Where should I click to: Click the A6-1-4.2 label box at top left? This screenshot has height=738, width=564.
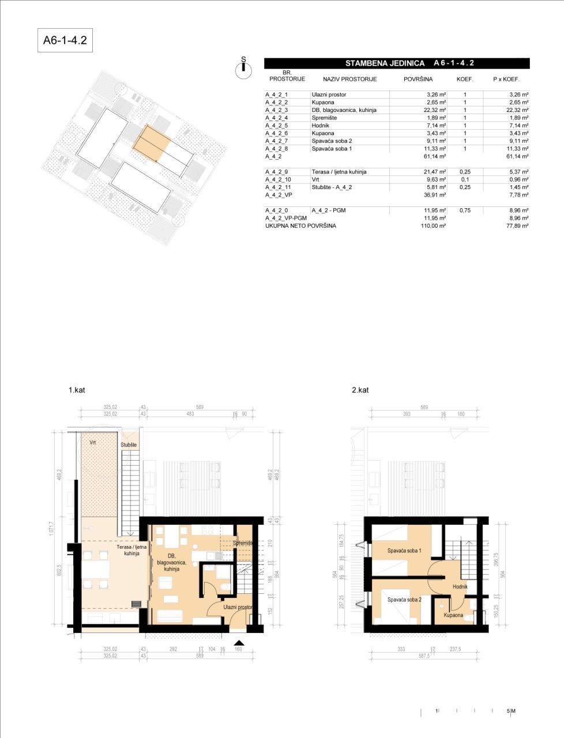[x=65, y=41]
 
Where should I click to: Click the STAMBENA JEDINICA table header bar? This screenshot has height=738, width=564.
[x=396, y=63]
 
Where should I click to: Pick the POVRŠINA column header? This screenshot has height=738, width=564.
[x=418, y=79]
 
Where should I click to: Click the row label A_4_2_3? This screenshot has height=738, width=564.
[x=277, y=110]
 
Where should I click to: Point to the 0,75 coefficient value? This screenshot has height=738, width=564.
[x=464, y=210]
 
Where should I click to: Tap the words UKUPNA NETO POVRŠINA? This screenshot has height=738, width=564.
[x=300, y=226]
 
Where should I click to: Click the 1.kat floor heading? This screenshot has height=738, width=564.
[x=77, y=390]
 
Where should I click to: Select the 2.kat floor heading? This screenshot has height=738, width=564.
[x=360, y=390]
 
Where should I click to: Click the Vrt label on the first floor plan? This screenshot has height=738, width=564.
[x=92, y=442]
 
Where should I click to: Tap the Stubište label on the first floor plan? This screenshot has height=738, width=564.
[x=129, y=445]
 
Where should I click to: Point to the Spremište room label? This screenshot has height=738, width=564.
[x=245, y=543]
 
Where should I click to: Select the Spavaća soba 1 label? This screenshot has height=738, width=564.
[x=404, y=551]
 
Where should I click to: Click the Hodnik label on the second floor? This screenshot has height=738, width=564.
[x=460, y=587]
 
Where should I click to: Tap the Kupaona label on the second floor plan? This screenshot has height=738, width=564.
[x=453, y=615]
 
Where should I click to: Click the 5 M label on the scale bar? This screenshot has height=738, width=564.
[x=511, y=711]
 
